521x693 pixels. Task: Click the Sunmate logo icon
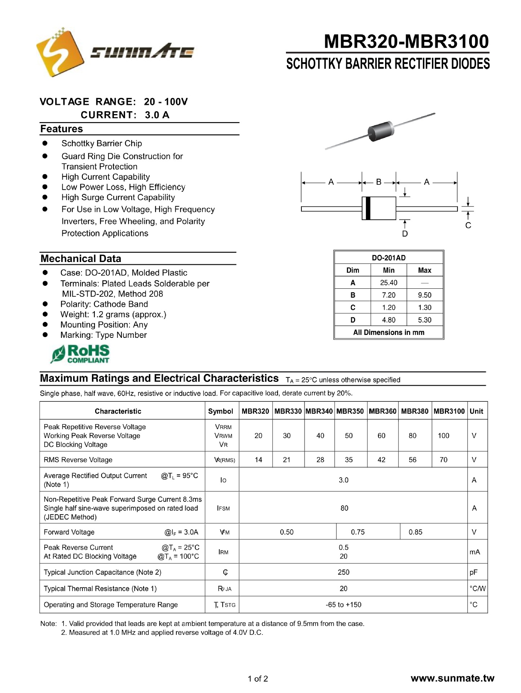tap(59, 52)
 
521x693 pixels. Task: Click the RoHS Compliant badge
tap(80, 354)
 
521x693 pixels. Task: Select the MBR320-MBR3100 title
tap(406, 42)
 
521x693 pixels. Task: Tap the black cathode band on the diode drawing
tap(368, 208)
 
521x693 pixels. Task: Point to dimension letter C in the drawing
tap(468, 226)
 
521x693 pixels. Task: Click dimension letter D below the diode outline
tap(405, 234)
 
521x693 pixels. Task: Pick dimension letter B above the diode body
tap(379, 182)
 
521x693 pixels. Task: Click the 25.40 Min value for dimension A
tap(388, 283)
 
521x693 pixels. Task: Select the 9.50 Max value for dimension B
tap(424, 295)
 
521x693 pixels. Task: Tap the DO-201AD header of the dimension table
tap(388, 258)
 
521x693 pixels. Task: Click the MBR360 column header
tap(382, 411)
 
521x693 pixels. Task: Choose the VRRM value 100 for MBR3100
tap(443, 436)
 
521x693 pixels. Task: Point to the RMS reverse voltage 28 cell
tap(320, 459)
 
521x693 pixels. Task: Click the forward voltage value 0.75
tap(358, 532)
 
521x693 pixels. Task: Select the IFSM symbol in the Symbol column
tap(223, 508)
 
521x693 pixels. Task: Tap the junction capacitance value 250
tap(344, 572)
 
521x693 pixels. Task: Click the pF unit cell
tap(473, 572)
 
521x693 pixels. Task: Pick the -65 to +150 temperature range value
tap(343, 605)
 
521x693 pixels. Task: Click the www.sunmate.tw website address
tap(452, 678)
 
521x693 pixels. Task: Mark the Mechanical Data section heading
tap(81, 258)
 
